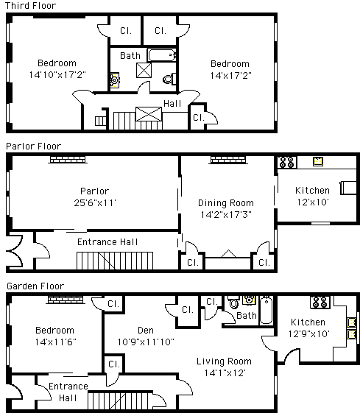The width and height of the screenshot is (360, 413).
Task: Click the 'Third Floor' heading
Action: tap(30, 6)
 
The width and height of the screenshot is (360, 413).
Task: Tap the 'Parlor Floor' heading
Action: tap(33, 147)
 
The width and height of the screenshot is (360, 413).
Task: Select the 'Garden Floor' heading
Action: tap(35, 286)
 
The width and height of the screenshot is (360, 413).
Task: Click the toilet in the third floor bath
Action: tap(169, 79)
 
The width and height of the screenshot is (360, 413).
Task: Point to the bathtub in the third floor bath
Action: tap(162, 55)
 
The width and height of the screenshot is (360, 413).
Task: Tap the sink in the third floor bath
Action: tap(115, 80)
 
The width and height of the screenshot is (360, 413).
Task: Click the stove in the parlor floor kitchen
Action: tap(287, 162)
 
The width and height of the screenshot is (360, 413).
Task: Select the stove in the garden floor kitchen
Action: tap(320, 302)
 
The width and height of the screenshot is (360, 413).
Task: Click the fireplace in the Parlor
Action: tap(68, 160)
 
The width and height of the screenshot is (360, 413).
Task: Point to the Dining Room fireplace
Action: tap(228, 160)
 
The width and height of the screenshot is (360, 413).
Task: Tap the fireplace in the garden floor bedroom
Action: tap(66, 300)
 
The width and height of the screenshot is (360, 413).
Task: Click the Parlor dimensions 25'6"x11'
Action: tap(95, 202)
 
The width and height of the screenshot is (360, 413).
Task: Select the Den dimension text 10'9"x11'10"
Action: tap(146, 342)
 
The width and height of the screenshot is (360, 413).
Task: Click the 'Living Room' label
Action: tap(224, 361)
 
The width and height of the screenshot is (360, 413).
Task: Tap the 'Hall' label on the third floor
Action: tap(172, 104)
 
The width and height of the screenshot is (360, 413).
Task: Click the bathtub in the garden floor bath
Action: tap(267, 310)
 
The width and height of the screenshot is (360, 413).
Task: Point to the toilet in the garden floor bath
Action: tap(233, 302)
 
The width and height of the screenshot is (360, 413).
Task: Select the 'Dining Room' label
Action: tap(226, 202)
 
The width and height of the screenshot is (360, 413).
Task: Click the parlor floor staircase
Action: tap(115, 261)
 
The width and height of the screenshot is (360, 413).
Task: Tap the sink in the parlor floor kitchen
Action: tap(318, 161)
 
